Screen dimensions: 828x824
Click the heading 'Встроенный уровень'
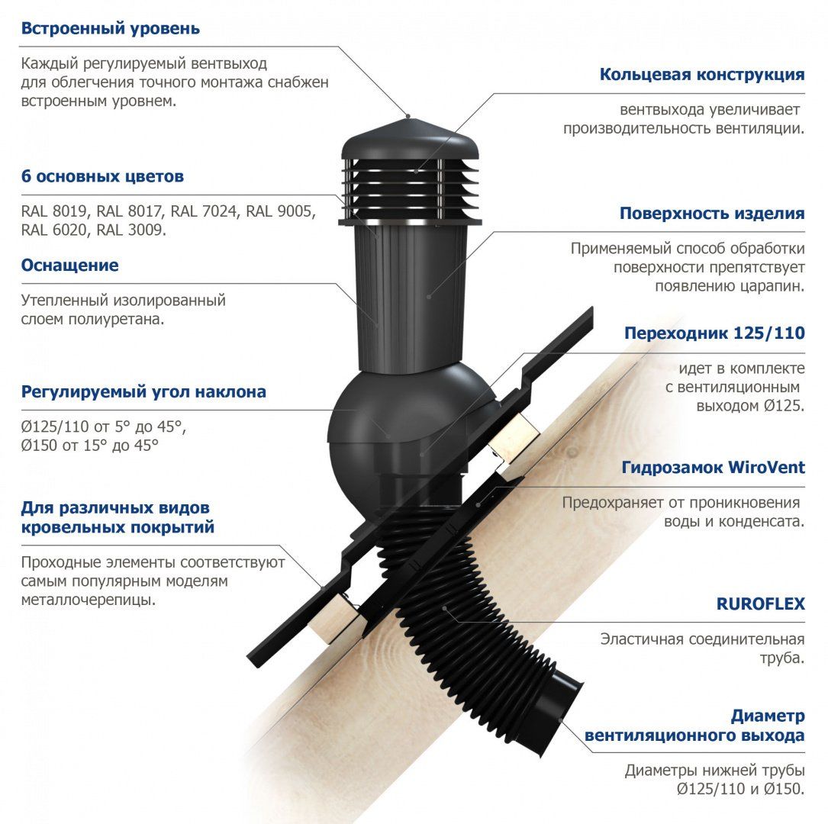[x=111, y=28]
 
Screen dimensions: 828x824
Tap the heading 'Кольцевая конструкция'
[x=702, y=75]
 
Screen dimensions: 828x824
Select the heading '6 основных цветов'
[x=102, y=176]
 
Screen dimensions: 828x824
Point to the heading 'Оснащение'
[x=69, y=265]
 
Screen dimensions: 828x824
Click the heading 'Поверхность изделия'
[x=712, y=214]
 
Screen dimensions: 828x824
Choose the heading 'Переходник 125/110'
[x=714, y=333]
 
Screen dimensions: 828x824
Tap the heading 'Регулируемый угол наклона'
[x=143, y=391]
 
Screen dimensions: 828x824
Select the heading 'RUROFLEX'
[x=760, y=604]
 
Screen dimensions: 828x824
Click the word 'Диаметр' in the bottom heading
[x=768, y=716]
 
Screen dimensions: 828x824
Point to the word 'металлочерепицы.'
[x=89, y=600]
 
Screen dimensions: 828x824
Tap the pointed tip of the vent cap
[x=409, y=117]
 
